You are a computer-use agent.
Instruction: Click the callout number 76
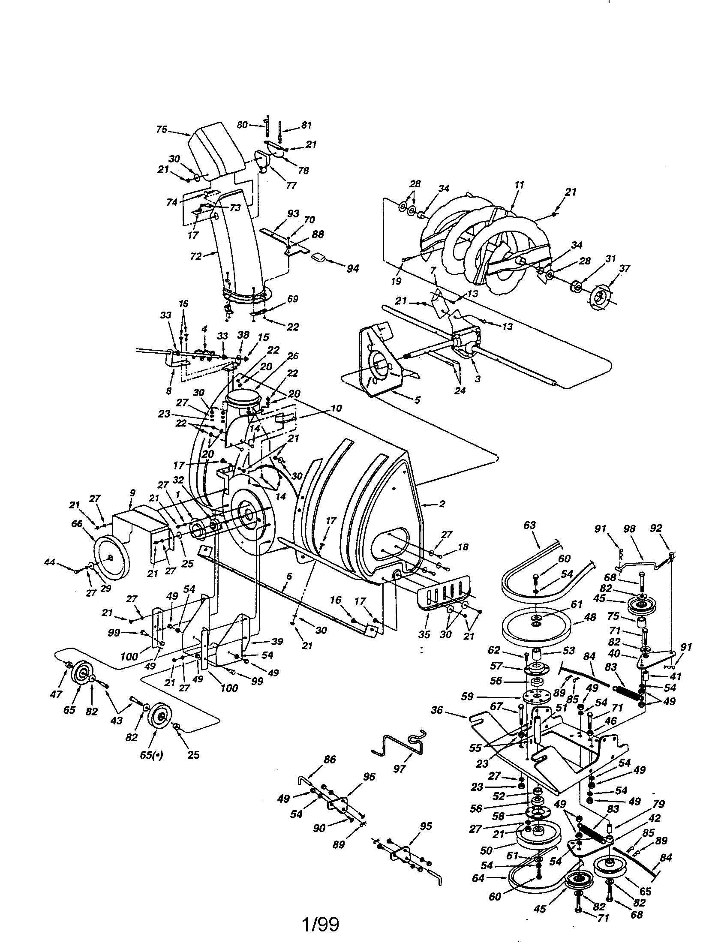162,129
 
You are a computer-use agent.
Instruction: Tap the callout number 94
353,268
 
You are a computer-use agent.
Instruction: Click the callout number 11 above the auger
520,185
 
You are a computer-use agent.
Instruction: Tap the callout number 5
417,400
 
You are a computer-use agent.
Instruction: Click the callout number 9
132,492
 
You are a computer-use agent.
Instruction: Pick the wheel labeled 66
111,559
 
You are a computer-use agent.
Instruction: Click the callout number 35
424,635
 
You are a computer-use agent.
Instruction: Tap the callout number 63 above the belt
529,525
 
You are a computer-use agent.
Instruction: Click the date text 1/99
321,925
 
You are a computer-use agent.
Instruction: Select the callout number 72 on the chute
196,256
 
